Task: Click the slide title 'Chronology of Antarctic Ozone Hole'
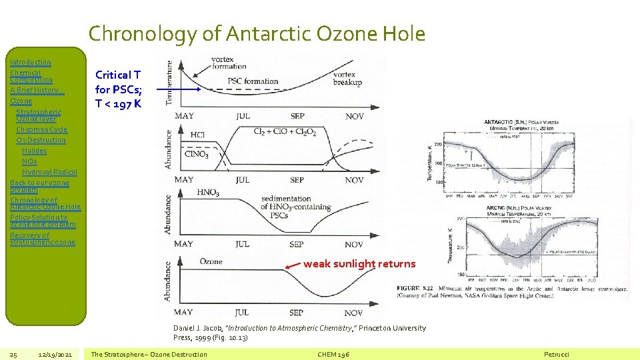click(257, 33)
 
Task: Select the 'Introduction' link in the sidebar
click(30, 62)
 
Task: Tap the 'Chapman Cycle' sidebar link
click(41, 129)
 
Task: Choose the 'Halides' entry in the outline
click(34, 151)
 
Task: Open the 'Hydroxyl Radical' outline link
click(49, 172)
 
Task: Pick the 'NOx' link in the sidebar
click(29, 161)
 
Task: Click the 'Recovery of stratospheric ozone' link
click(43, 239)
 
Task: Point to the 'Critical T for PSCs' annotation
click(118, 89)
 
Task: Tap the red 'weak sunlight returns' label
click(359, 264)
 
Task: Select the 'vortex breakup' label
click(347, 79)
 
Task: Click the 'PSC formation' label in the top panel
click(253, 81)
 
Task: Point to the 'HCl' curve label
click(197, 135)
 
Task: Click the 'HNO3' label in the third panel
click(208, 193)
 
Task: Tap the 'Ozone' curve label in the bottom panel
click(211, 261)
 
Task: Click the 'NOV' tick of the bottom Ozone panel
click(354, 313)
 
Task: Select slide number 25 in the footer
click(13, 354)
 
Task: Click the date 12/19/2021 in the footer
click(56, 354)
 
